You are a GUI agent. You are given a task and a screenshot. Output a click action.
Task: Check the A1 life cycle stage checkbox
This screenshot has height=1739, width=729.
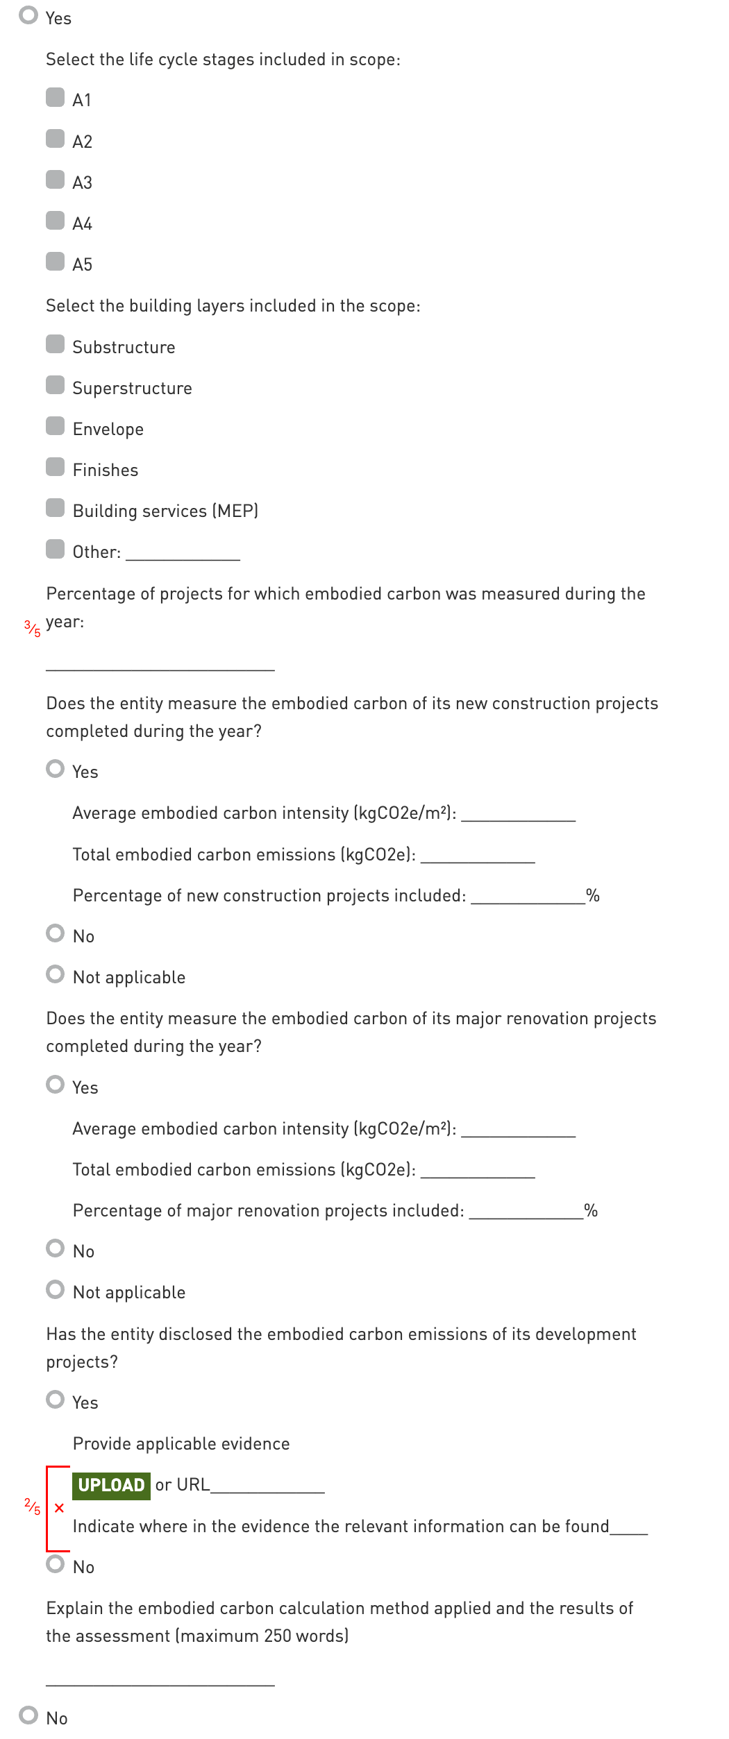55,97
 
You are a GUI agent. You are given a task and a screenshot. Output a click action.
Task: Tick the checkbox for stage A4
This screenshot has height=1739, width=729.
55,221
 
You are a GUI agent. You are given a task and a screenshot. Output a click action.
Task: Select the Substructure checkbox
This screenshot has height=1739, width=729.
55,344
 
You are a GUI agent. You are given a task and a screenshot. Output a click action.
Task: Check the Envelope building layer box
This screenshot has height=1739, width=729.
55,426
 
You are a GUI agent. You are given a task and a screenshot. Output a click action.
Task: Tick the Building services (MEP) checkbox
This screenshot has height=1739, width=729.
55,508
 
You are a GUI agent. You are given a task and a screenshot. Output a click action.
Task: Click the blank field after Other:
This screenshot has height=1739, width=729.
183,553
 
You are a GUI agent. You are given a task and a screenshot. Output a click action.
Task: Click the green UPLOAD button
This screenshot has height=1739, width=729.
111,1485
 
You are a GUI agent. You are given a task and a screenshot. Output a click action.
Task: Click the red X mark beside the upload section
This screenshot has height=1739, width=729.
59,1508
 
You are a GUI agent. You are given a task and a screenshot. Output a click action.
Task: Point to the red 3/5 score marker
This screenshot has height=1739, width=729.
32,628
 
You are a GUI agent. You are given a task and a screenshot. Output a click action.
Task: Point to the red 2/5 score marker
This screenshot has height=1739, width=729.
32,1507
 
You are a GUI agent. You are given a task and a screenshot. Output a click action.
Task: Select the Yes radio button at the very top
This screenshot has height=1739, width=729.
28,15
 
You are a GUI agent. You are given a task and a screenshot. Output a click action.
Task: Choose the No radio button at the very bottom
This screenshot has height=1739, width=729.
28,1715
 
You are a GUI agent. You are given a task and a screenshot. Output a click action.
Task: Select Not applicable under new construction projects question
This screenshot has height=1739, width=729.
55,974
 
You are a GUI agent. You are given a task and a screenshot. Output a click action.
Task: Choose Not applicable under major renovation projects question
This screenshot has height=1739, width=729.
55,1289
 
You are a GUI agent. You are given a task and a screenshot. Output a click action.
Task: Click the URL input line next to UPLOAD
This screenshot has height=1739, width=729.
267,1486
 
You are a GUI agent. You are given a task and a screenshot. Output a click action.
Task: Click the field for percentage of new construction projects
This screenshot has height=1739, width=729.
528,897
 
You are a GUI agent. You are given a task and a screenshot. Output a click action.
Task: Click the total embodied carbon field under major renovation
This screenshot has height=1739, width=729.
478,1171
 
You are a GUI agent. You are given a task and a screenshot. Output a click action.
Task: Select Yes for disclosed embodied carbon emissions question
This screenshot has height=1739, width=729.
55,1400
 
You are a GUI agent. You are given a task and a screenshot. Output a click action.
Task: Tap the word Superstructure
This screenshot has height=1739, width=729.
132,388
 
